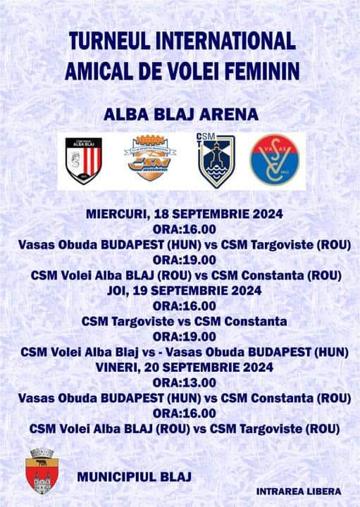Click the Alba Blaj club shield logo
coord(84,161)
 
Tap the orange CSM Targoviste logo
coord(150,158)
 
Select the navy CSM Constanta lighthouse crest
coord(216,161)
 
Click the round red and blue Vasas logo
coord(275,160)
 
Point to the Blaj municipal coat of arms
coord(42,470)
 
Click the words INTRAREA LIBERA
coord(299,492)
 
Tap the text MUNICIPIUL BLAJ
coord(135,477)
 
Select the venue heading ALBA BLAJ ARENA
coord(181,115)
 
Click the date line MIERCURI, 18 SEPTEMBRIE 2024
coord(185,214)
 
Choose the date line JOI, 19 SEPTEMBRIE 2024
coord(185,291)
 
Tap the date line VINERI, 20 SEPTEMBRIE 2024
coord(185,368)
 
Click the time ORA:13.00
coord(185,382)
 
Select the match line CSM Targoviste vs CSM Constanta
coord(185,321)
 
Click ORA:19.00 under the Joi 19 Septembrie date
coord(185,337)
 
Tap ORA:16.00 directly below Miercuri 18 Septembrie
coord(185,230)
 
